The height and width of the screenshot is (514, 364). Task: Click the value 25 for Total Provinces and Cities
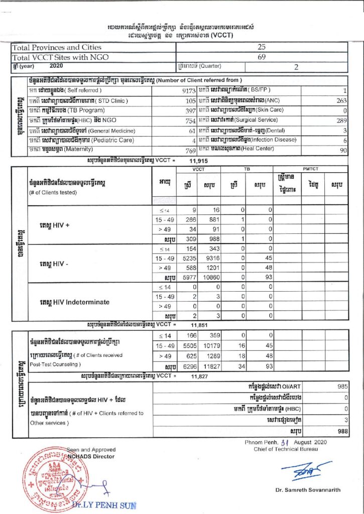[261, 47]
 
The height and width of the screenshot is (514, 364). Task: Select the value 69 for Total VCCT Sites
[261, 57]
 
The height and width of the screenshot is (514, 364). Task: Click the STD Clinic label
[90, 100]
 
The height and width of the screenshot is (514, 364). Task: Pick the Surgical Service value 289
[341, 120]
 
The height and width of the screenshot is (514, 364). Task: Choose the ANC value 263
[341, 100]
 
